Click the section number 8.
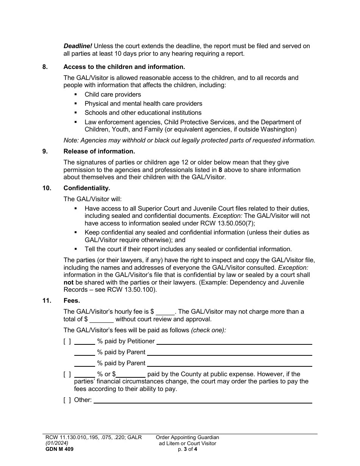coord(45,67)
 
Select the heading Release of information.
coord(99,152)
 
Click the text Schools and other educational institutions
coord(143,113)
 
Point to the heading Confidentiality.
coord(87,188)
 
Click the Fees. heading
coord(72,301)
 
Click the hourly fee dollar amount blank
coord(165,312)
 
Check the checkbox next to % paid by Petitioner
coord(67,341)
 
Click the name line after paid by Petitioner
coord(234,341)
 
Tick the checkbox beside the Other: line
coord(67,400)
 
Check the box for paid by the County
coord(67,374)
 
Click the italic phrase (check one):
coord(208,330)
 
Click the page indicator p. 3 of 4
coord(188,449)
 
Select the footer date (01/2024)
coord(55,443)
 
